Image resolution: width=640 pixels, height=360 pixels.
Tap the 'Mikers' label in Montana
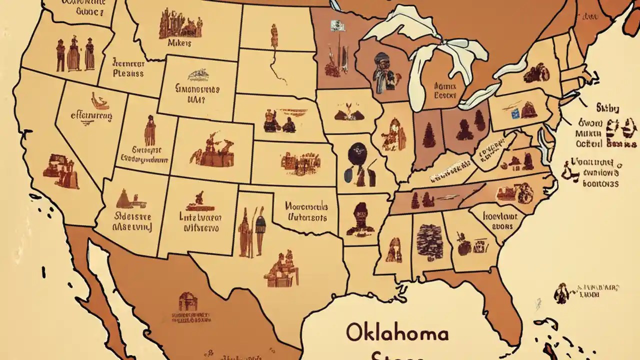[178, 43]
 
